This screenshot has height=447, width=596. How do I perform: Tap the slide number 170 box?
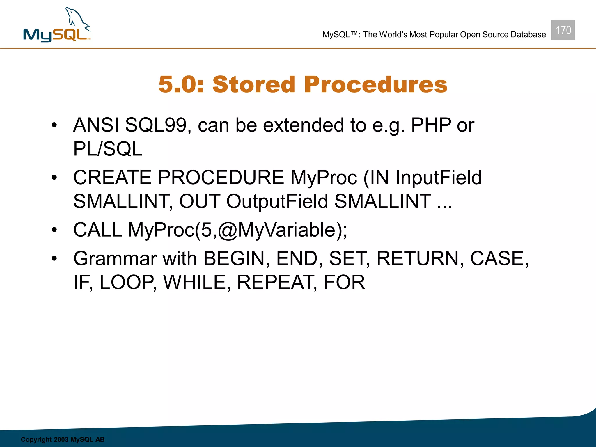tap(563, 30)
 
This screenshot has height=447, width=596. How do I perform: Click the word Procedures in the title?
tap(376, 84)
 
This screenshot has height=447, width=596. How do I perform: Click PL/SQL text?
tap(107, 149)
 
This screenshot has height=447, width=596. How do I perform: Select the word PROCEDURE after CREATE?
tap(221, 178)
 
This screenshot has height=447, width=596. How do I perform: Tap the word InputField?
tap(438, 178)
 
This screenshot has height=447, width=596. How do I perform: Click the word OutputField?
tap(277, 201)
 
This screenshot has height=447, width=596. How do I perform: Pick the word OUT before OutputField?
tap(200, 201)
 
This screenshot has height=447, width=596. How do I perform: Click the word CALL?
tap(97, 230)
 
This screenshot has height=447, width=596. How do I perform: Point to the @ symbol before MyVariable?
tap(228, 230)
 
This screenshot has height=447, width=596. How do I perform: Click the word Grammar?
tap(115, 258)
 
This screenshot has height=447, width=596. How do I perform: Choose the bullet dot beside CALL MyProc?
tap(54, 230)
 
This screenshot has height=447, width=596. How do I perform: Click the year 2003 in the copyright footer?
tap(61, 439)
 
